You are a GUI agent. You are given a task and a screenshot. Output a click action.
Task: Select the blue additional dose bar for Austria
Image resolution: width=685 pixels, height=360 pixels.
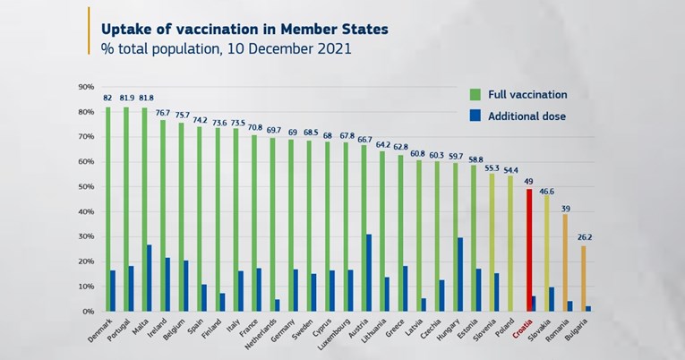369,273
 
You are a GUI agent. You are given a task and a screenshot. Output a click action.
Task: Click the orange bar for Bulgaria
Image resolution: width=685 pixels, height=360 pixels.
583,279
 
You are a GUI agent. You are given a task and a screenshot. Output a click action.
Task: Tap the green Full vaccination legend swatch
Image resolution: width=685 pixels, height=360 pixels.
477,94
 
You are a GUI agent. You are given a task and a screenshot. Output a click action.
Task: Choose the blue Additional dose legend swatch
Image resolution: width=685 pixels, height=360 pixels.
477,116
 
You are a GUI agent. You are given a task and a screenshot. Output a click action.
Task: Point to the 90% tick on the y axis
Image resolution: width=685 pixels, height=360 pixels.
86,87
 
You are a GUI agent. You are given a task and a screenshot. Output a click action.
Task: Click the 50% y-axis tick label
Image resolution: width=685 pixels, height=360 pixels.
86,186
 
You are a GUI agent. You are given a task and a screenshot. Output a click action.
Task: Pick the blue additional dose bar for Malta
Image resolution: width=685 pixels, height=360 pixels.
149,279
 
